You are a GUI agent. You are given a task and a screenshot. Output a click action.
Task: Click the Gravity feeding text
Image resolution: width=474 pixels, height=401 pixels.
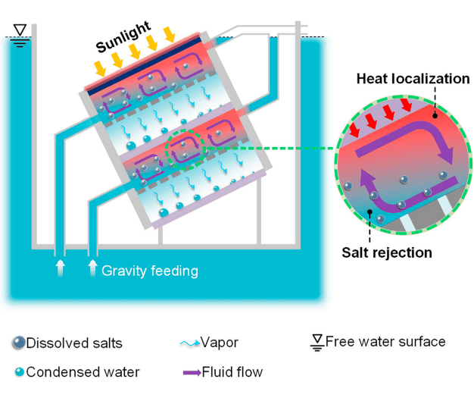click(149, 269)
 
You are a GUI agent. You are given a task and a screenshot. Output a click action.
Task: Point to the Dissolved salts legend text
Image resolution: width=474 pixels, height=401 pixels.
click(74, 343)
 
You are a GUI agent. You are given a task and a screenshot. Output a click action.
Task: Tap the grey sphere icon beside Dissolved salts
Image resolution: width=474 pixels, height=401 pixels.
click(18, 343)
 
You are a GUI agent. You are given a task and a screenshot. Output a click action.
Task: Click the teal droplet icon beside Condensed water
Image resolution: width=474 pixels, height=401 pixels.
click(18, 372)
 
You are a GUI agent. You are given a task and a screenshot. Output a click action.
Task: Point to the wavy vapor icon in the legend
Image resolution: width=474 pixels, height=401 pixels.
click(189, 343)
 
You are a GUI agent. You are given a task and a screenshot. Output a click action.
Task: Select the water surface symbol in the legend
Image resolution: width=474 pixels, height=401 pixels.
click(317, 342)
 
